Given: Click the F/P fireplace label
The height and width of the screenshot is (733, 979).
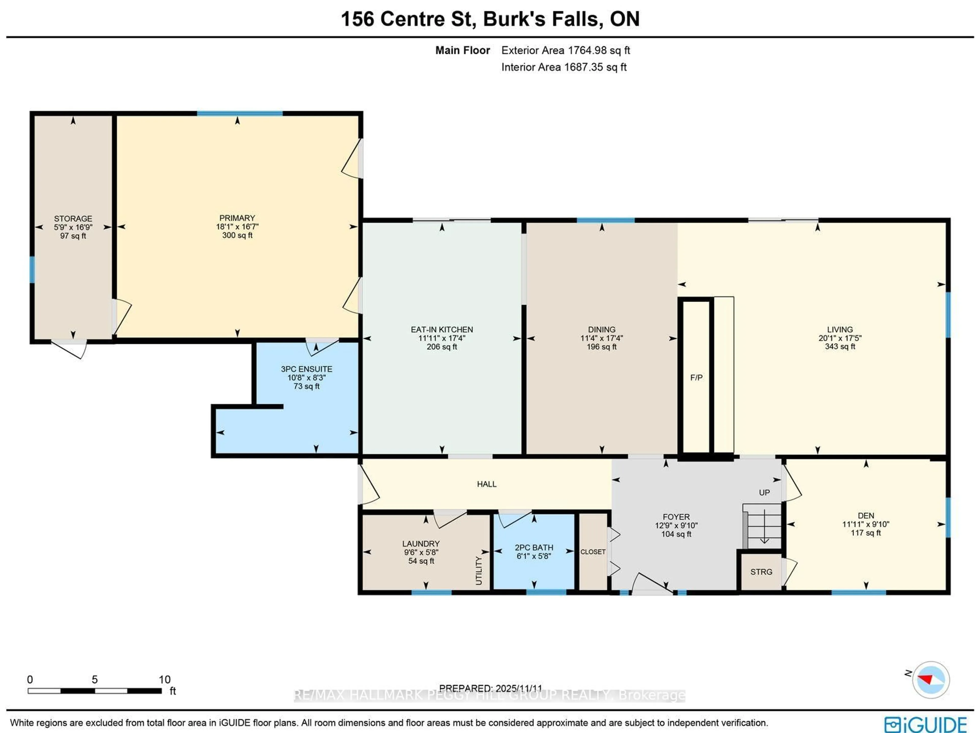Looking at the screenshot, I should (696, 378).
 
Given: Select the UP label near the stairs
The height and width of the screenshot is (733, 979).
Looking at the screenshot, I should (764, 493).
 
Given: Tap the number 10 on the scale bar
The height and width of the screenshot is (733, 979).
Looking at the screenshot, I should (165, 679).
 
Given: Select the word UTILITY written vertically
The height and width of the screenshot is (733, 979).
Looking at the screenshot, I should (479, 571).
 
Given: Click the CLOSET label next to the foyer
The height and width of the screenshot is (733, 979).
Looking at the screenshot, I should (592, 552).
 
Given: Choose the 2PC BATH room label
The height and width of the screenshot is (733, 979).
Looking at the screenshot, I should (534, 548).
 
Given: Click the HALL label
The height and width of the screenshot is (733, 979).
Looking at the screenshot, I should (486, 484).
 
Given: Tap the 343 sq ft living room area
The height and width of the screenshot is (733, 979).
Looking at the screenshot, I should (840, 346).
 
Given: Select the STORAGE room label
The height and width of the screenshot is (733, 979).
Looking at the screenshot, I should (73, 219).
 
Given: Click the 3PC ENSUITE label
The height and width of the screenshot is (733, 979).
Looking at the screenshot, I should (306, 369).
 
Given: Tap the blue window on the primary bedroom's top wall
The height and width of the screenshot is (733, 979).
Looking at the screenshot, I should (239, 114).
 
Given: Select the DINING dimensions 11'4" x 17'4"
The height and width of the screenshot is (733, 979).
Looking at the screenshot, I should (601, 338).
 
